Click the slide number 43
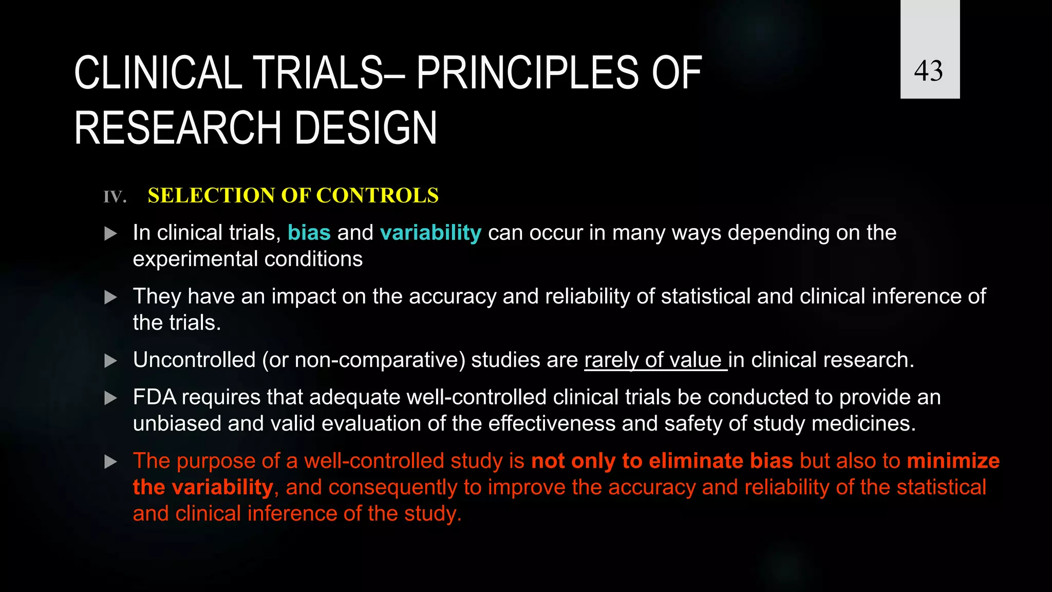[929, 71]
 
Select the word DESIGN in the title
[366, 128]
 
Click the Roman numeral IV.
[115, 197]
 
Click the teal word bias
[309, 233]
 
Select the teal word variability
[430, 233]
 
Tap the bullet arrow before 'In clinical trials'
[110, 234]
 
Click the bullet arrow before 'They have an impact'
[110, 297]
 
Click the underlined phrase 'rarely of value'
[655, 360]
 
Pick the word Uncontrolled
[194, 360]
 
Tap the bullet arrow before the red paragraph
[110, 461]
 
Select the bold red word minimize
[953, 461]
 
